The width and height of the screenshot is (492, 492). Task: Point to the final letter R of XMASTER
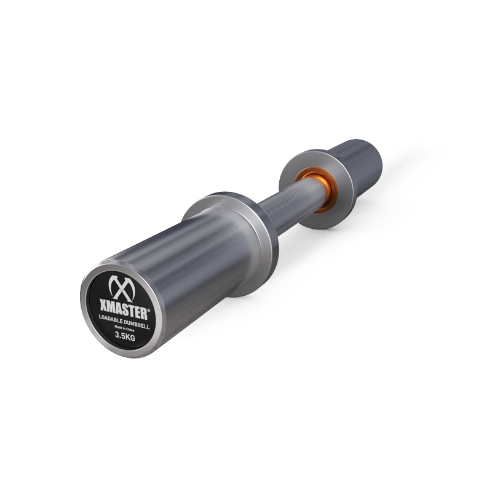[145, 308]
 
